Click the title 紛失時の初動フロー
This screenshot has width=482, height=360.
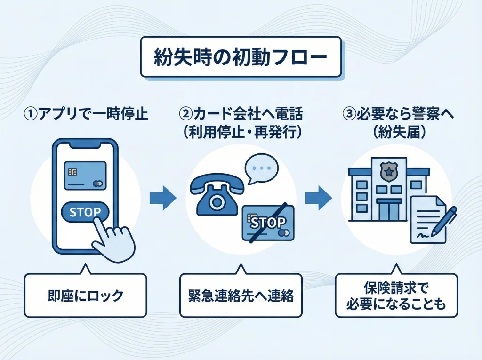241,56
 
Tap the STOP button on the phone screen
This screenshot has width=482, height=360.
85,212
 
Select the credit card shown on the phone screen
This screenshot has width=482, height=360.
85,176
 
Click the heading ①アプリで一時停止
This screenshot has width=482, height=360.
86,114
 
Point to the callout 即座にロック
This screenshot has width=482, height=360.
85,295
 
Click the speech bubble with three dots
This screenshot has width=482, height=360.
261,168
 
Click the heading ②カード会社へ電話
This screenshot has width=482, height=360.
241,114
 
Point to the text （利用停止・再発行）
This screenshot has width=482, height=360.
241,133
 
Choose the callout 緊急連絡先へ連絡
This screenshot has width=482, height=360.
241,296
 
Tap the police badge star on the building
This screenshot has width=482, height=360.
388,171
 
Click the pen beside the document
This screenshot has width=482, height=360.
443,221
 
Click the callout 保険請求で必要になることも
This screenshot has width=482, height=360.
396,296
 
